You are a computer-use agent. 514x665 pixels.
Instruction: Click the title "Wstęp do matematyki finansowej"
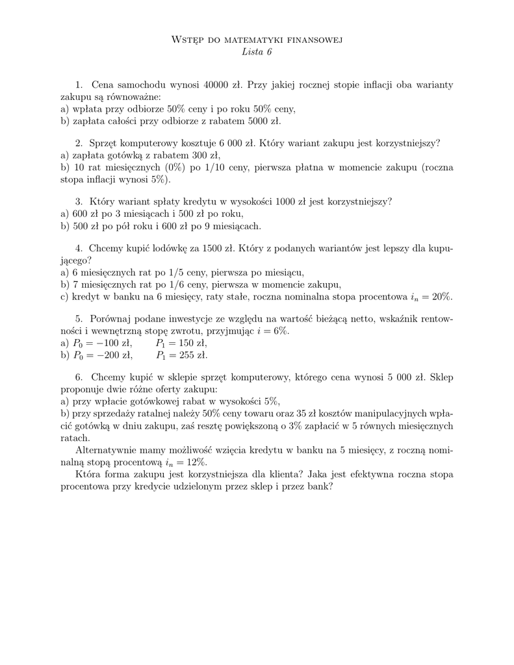pos(256,40)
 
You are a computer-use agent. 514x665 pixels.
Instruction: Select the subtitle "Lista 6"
pos(256,53)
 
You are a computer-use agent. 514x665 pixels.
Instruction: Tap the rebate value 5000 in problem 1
pos(259,121)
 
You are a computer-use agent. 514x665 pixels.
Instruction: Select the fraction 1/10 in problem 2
pos(216,168)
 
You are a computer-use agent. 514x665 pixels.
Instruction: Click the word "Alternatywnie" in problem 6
pos(109,450)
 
